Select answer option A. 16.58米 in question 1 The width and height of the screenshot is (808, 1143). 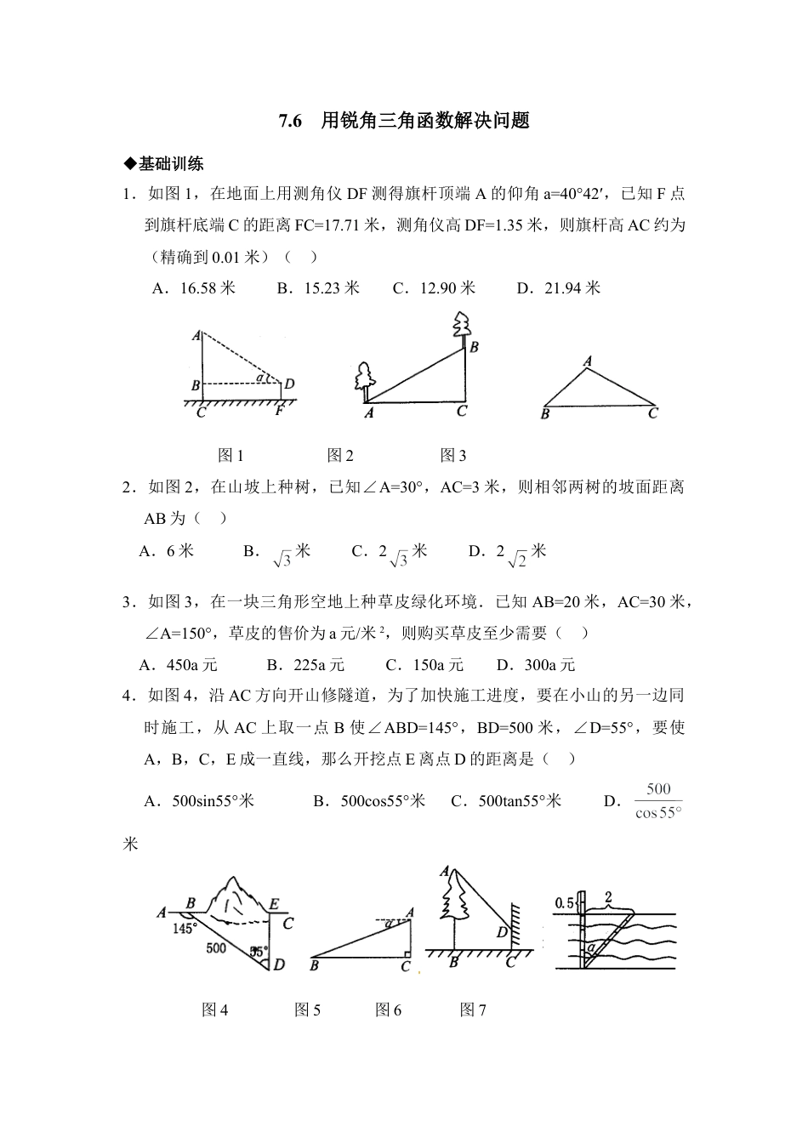click(x=194, y=288)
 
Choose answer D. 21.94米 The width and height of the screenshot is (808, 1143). click(x=559, y=288)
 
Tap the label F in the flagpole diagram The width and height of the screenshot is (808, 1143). click(x=280, y=413)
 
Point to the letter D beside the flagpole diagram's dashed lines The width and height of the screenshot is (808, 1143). click(x=289, y=384)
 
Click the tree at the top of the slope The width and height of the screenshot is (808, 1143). click(x=462, y=326)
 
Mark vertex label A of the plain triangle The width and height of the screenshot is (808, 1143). click(x=587, y=362)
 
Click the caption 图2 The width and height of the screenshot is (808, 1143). click(x=340, y=456)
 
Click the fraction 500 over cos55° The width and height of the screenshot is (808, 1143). click(x=658, y=800)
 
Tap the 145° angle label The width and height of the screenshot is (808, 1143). click(x=185, y=928)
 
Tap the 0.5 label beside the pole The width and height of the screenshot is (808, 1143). click(x=564, y=903)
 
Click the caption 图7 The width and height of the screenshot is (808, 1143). click(x=473, y=1010)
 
